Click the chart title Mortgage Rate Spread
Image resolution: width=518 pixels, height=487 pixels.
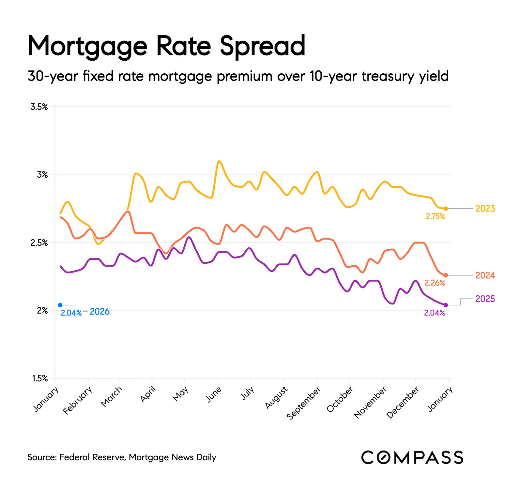tap(166, 46)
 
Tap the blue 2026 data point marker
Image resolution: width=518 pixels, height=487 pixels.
tap(60, 305)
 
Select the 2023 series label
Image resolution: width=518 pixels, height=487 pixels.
tap(485, 209)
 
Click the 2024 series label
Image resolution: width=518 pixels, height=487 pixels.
tap(485, 275)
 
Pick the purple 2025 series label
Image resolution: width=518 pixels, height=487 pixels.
tap(485, 299)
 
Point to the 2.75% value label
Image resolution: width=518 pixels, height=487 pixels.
tap(435, 216)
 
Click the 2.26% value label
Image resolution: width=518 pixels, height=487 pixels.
tap(434, 283)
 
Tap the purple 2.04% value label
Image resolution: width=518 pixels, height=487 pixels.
tap(434, 313)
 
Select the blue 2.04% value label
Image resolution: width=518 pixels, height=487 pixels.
tap(71, 313)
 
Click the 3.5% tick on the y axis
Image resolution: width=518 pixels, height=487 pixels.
tap(39, 107)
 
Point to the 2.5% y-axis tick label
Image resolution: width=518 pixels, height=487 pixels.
tap(39, 243)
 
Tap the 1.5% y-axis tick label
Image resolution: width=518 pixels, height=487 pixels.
tap(39, 378)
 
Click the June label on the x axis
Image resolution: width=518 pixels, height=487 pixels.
tap(214, 394)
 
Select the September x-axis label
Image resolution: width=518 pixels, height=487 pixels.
tap(304, 403)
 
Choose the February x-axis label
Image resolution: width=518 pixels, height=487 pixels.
tap(78, 400)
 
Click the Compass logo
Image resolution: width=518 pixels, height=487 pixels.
tap(412, 457)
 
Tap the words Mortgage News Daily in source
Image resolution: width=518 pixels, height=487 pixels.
tap(172, 457)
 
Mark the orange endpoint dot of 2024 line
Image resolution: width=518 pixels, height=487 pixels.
tap(446, 275)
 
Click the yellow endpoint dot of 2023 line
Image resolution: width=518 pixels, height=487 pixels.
tap(446, 209)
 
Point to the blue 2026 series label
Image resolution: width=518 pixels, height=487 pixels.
tap(99, 312)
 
